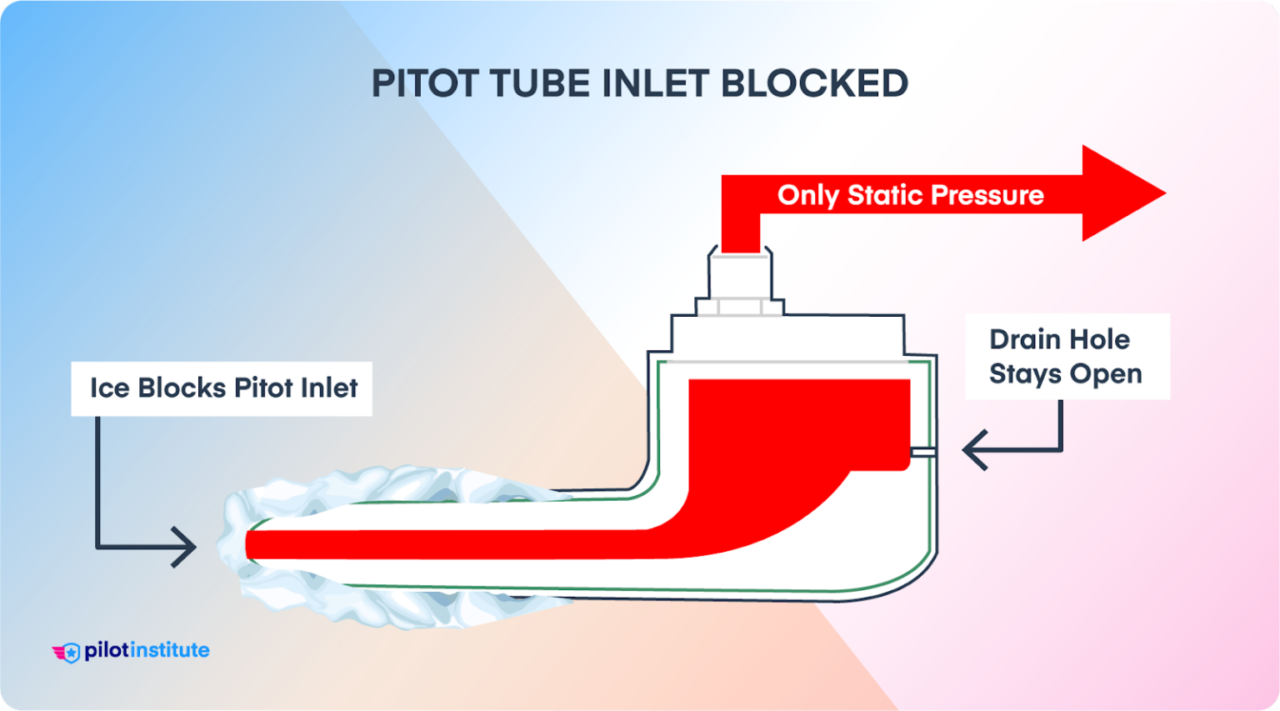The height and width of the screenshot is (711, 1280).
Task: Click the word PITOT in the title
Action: pos(424,84)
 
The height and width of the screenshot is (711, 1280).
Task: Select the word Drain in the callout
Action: pos(1025,339)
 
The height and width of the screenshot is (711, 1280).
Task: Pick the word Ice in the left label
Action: pos(109,388)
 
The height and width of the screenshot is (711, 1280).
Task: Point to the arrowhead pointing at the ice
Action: pos(185,547)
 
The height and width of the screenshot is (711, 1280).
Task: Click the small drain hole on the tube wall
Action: pos(923,452)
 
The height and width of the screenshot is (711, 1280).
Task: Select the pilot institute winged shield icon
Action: pos(67,652)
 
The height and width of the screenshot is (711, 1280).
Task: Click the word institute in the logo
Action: pos(171,650)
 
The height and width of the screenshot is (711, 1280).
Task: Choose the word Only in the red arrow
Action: pos(807,195)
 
